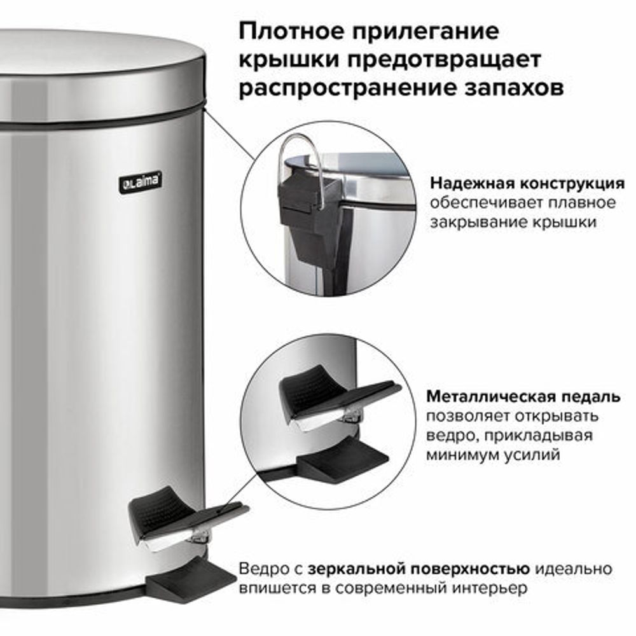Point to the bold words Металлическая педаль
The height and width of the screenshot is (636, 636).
point(523,397)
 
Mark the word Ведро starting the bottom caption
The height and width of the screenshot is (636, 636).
point(262,568)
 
